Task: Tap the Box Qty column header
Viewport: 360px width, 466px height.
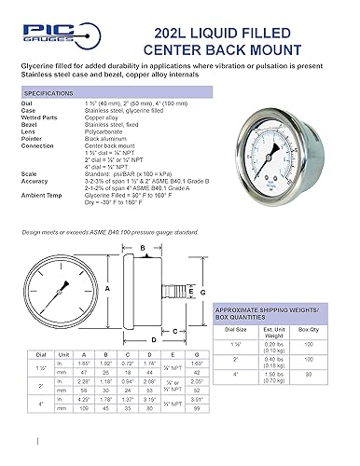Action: point(325,353)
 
